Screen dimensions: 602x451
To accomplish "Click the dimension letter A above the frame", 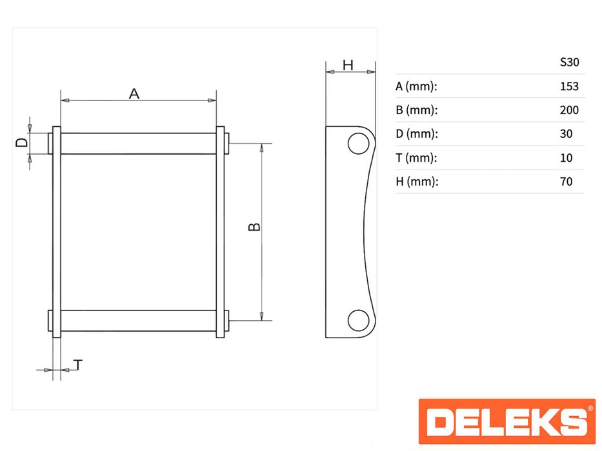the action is pyautogui.click(x=134, y=93).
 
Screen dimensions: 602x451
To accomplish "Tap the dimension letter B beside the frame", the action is pyautogui.click(x=254, y=227).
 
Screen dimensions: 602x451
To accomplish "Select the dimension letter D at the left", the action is pyautogui.click(x=22, y=142).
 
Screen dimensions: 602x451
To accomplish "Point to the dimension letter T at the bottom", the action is pyautogui.click(x=78, y=365).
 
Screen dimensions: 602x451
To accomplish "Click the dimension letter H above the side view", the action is pyautogui.click(x=348, y=66).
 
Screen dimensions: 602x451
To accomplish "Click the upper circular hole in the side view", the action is pyautogui.click(x=359, y=144).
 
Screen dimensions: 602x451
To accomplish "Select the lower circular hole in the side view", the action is pyautogui.click(x=359, y=320).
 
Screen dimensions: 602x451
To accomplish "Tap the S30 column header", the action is pyautogui.click(x=569, y=62).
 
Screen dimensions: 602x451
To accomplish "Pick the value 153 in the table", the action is pyautogui.click(x=569, y=86).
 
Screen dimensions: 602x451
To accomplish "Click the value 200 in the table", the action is pyautogui.click(x=569, y=110).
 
